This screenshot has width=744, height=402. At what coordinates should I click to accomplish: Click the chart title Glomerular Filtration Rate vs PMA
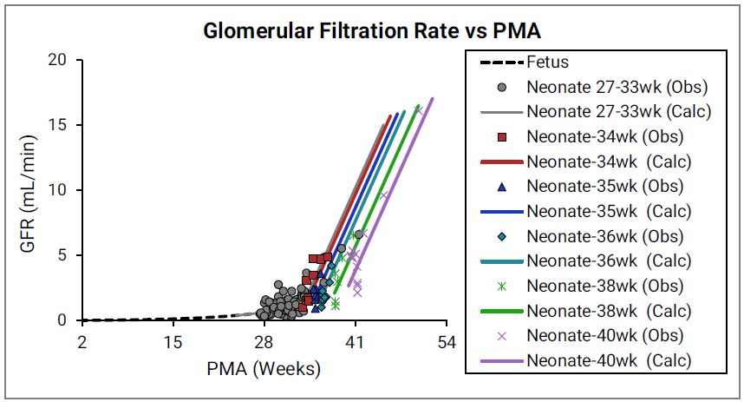coord(372,31)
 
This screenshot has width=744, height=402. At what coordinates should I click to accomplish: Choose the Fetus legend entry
coord(547,63)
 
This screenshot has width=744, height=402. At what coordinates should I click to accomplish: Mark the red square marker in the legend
coord(502,136)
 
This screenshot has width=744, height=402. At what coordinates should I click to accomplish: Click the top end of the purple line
coord(433,98)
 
